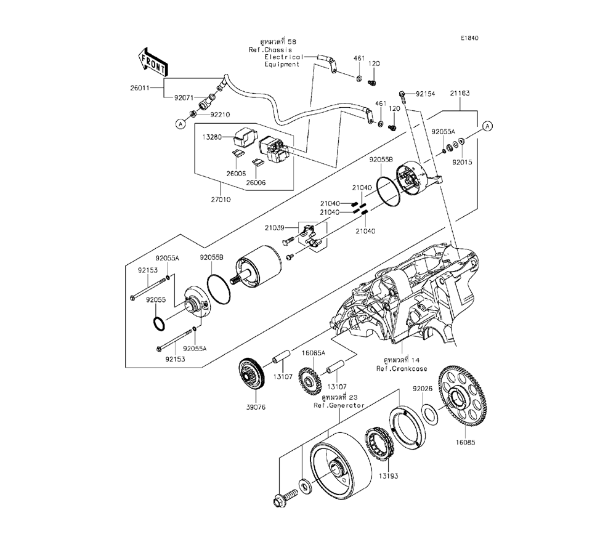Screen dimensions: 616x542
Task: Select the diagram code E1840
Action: (x=470, y=38)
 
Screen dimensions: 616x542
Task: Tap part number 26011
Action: (x=140, y=88)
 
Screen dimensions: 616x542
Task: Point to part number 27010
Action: (x=221, y=200)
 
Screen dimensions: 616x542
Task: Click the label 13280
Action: (x=212, y=137)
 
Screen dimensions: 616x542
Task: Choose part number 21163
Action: (x=460, y=93)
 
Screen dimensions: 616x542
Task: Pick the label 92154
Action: (x=426, y=94)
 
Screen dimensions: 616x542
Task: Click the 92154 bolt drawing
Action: (x=402, y=97)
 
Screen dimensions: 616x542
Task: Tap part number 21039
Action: (x=274, y=227)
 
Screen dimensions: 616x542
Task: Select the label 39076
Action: (x=256, y=407)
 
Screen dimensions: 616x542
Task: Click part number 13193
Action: (x=389, y=476)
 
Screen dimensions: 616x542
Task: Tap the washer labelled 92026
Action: (x=431, y=414)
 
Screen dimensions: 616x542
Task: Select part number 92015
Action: (x=462, y=162)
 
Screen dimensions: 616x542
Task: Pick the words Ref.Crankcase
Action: (x=402, y=368)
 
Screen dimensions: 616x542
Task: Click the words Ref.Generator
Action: (x=339, y=405)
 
